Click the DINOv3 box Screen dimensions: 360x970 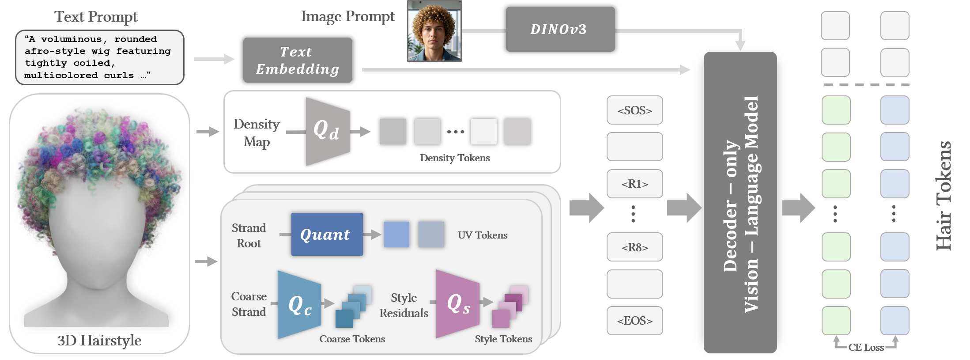[560, 29]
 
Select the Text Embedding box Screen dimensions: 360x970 [298, 60]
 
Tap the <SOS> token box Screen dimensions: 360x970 [634, 110]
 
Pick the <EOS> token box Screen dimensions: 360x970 [634, 321]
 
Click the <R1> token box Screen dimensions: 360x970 [634, 184]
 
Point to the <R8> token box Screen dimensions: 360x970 [634, 247]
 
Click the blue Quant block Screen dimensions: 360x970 [327, 234]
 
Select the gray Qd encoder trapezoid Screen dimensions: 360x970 [327, 131]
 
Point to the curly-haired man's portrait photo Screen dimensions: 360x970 [434, 31]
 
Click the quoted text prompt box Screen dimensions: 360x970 [99, 57]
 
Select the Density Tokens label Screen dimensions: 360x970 [455, 158]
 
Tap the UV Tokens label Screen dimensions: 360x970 [482, 235]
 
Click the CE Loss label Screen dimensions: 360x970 [866, 347]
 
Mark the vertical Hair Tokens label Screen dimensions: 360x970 [944, 196]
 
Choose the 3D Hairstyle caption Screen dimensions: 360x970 [99, 341]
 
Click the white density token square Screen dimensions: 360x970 [483, 132]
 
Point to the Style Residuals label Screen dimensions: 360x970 [404, 305]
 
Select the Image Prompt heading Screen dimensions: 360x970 [347, 16]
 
